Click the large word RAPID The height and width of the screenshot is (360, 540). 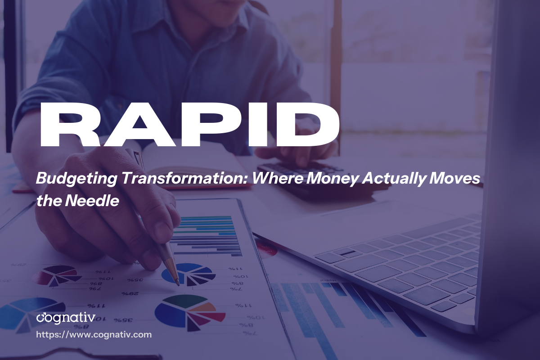pyautogui.click(x=189, y=121)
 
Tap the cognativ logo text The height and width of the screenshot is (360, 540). pyautogui.click(x=66, y=318)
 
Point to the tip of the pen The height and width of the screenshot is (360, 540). pyautogui.click(x=178, y=284)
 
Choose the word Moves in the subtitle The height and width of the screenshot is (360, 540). pyautogui.click(x=460, y=179)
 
